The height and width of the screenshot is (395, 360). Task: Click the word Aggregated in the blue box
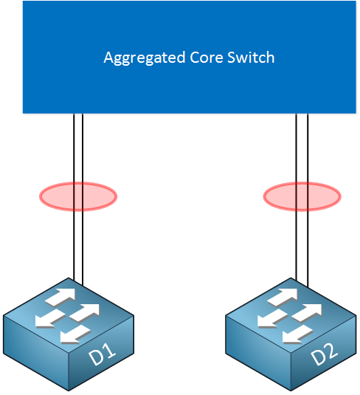[145, 58]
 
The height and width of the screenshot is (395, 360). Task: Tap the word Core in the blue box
[207, 58]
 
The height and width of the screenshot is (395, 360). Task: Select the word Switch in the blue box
[251, 57]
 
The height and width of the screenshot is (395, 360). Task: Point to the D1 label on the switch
[103, 354]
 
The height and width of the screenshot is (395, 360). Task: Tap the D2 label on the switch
[325, 354]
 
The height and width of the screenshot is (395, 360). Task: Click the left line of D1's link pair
[74, 197]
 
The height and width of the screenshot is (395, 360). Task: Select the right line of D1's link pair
[83, 199]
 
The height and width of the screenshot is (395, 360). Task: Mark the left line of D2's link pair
[297, 197]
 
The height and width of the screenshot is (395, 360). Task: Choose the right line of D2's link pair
[308, 200]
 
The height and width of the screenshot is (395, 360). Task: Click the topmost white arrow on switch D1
[60, 297]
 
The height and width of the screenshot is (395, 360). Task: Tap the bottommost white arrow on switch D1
[75, 334]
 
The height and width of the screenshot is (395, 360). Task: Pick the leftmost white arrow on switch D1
[50, 319]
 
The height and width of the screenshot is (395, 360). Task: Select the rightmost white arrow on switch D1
[85, 312]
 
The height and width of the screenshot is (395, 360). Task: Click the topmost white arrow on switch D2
[283, 297]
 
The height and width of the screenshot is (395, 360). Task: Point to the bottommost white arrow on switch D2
[297, 334]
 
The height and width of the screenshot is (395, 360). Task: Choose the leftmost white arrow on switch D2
[273, 319]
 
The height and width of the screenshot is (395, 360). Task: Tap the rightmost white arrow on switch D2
[307, 312]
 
